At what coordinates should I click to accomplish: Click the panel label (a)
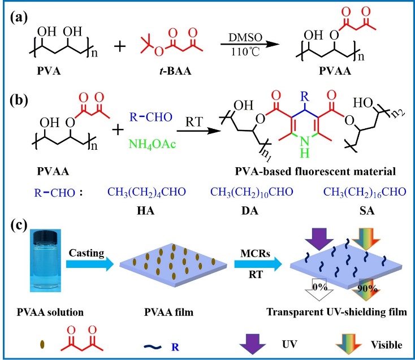point(21,16)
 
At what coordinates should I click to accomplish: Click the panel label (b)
point(22,106)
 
